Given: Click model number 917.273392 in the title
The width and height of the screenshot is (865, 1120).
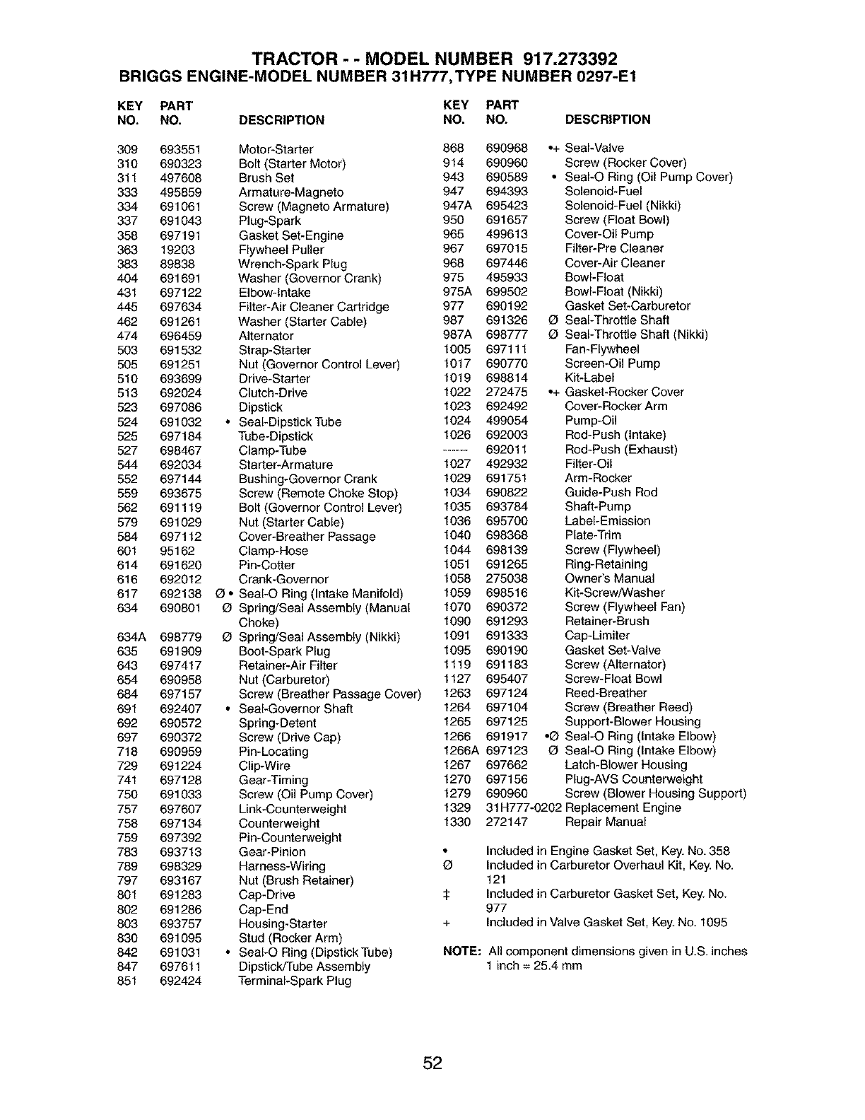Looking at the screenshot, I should coord(572,58).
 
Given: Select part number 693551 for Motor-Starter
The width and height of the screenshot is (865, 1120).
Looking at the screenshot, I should coord(181,149).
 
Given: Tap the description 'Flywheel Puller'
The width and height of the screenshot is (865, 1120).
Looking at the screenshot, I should coord(281,250).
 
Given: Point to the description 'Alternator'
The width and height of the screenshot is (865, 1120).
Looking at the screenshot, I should coord(266,336).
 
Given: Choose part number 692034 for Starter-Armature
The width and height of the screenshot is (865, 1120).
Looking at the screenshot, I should coord(181,465).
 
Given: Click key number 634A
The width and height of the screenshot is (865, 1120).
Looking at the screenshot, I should coord(131,637).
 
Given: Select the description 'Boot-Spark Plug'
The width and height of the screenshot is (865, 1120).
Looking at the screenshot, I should coord(284,651).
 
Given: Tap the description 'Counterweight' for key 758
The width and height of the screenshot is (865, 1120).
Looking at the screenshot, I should coord(279,823).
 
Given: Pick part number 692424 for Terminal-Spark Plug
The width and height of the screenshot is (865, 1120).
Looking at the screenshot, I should coord(181,981).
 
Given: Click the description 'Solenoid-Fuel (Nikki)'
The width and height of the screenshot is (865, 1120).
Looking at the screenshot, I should coord(623,206).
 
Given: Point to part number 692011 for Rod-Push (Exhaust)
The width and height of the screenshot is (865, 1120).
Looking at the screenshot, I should coord(507,449).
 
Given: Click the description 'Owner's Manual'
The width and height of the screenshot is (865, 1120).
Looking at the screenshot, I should coord(610,578).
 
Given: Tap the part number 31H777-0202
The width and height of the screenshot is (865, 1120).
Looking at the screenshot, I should coord(524,807).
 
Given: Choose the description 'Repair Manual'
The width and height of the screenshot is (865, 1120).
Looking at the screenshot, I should coord(606,822).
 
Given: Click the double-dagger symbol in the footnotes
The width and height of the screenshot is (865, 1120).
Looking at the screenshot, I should coord(446,894).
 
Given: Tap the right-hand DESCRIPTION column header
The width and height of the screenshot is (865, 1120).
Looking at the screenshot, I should coord(608,119).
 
